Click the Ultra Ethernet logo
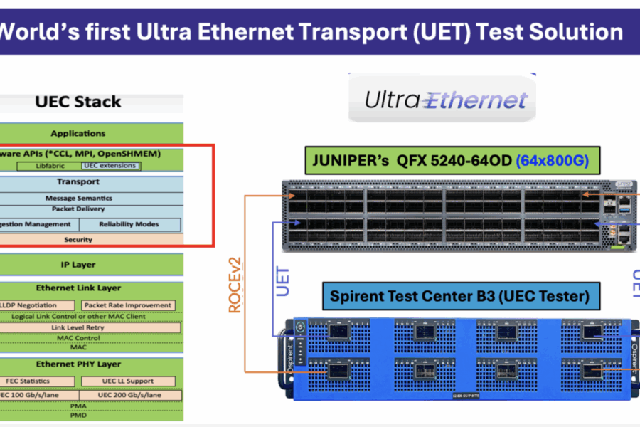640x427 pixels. pyautogui.click(x=446, y=100)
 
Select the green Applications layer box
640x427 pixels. pyautogui.click(x=78, y=133)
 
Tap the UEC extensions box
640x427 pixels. pyautogui.click(x=110, y=166)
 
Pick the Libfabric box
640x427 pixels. pyautogui.click(x=50, y=166)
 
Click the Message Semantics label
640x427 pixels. pyautogui.click(x=78, y=198)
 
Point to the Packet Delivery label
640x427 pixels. pyautogui.click(x=78, y=209)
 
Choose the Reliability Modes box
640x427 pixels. pyautogui.click(x=130, y=224)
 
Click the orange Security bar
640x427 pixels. pyautogui.click(x=78, y=240)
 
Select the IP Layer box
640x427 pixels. pyautogui.click(x=78, y=265)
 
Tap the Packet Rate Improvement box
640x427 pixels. pyautogui.click(x=128, y=305)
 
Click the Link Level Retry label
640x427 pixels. pyautogui.click(x=78, y=327)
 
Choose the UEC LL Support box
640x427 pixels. pyautogui.click(x=128, y=381)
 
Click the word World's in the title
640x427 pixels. pyautogui.click(x=31, y=31)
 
